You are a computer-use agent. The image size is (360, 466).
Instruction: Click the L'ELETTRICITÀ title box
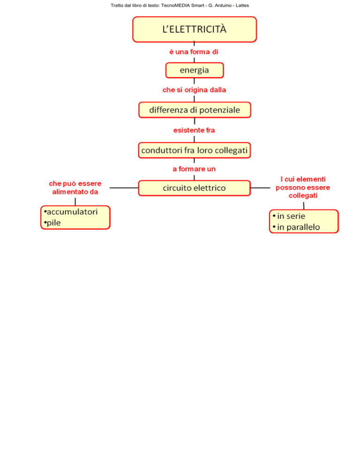pyautogui.click(x=195, y=30)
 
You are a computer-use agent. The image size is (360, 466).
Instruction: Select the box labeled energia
pyautogui.click(x=195, y=70)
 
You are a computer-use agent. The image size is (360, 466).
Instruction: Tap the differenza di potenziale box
pyautogui.click(x=195, y=110)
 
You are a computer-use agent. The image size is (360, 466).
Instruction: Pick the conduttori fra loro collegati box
pyautogui.click(x=195, y=150)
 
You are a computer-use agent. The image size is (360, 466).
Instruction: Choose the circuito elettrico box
pyautogui.click(x=195, y=188)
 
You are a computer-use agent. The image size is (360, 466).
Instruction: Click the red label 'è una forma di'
pyautogui.click(x=194, y=52)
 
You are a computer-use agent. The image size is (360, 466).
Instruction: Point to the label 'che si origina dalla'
pyautogui.click(x=194, y=90)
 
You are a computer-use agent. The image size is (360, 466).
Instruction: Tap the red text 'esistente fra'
pyautogui.click(x=194, y=130)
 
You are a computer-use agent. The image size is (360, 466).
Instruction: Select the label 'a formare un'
pyautogui.click(x=194, y=169)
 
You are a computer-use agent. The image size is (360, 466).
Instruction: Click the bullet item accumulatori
pyautogui.click(x=71, y=211)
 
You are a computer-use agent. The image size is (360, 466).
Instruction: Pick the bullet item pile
pyautogui.click(x=52, y=223)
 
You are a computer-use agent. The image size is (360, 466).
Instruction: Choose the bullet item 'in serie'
pyautogui.click(x=289, y=216)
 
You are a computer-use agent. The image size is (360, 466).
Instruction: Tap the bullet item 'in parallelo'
pyautogui.click(x=296, y=227)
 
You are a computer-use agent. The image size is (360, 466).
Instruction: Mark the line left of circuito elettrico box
pyautogui.click(x=124, y=188)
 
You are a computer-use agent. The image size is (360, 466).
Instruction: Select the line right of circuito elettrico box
pyautogui.click(x=261, y=188)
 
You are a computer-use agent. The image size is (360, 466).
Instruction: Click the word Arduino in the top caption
pyautogui.click(x=223, y=5)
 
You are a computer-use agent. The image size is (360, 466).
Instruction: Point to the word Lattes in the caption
pyautogui.click(x=242, y=5)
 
